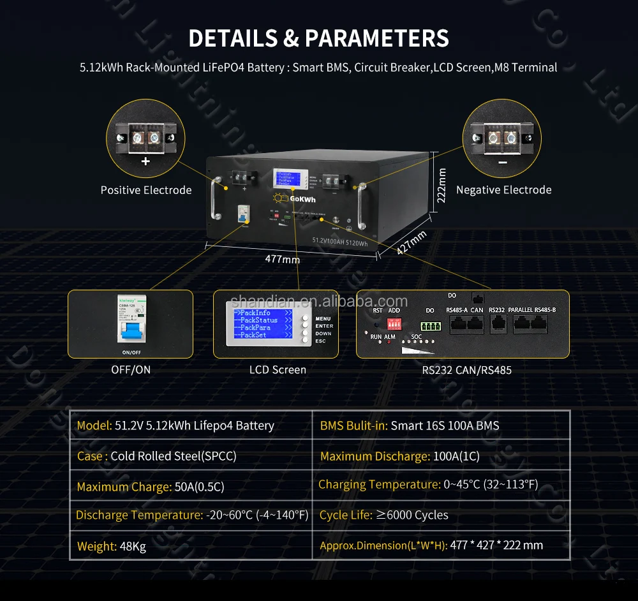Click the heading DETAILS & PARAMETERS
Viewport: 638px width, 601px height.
pos(318,38)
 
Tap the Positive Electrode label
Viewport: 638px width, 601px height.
pos(146,190)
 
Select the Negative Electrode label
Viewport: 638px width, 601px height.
pos(503,190)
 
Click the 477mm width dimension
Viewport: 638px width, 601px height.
pos(282,259)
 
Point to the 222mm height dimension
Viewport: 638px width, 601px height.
pos(441,185)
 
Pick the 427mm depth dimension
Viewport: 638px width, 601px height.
pos(411,242)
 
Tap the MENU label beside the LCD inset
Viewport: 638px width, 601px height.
pos(323,318)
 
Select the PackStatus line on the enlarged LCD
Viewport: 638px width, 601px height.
pos(258,320)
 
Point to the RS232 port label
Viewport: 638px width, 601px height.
pos(496,310)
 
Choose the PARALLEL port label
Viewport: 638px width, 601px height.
pos(520,310)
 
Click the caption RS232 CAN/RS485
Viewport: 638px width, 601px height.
pos(466,370)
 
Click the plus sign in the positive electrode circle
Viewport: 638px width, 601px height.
pos(145,161)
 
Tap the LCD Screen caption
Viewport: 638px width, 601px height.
pos(278,370)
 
